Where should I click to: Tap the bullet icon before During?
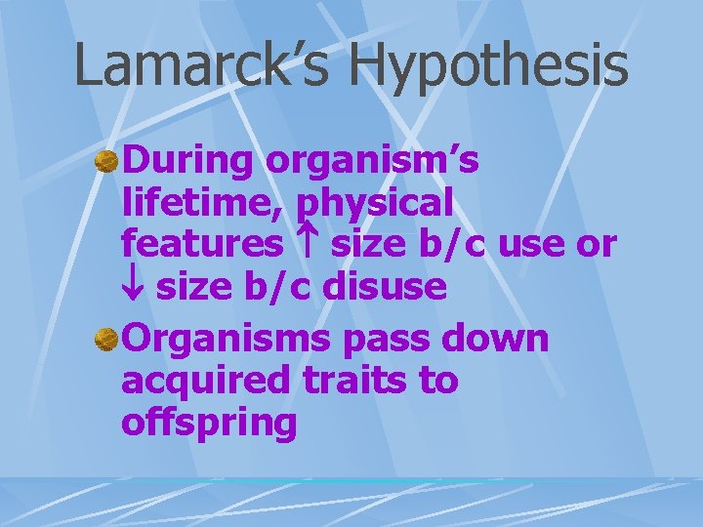pos(106,161)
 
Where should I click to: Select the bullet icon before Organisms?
pos(106,340)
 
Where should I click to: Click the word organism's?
pos(372,161)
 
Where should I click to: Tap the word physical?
pos(375,205)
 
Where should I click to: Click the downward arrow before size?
pos(134,287)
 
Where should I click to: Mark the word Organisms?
pos(230,341)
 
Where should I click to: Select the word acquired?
pos(205,382)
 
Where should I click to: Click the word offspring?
pos(209,425)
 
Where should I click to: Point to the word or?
pos(597,245)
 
